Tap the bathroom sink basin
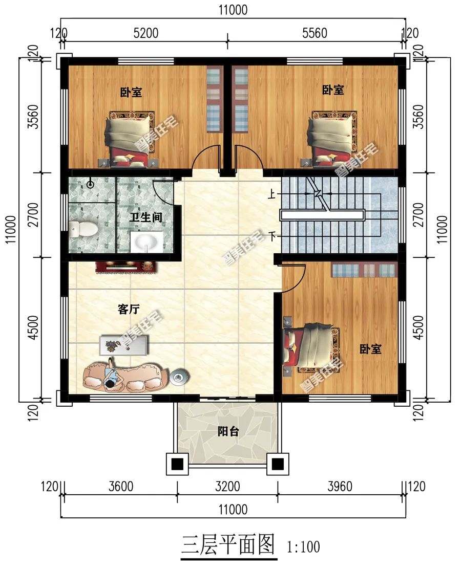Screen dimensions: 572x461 coord(148,241)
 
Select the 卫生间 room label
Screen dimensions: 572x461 coord(146,217)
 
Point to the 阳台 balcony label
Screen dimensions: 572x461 coord(227,431)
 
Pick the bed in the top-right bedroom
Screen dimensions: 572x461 coord(331,137)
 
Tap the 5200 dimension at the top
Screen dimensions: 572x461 coord(146,34)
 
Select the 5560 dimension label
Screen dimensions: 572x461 coord(315,34)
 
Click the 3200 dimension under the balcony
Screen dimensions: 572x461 coord(227,486)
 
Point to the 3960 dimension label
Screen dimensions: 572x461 coord(340,486)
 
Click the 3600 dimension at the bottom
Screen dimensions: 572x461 coord(120,486)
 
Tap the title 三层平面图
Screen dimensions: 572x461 coord(228,545)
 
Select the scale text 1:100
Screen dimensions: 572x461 coord(304,547)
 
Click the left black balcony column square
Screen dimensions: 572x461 coord(177,464)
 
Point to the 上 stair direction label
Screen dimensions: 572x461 coord(269,194)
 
